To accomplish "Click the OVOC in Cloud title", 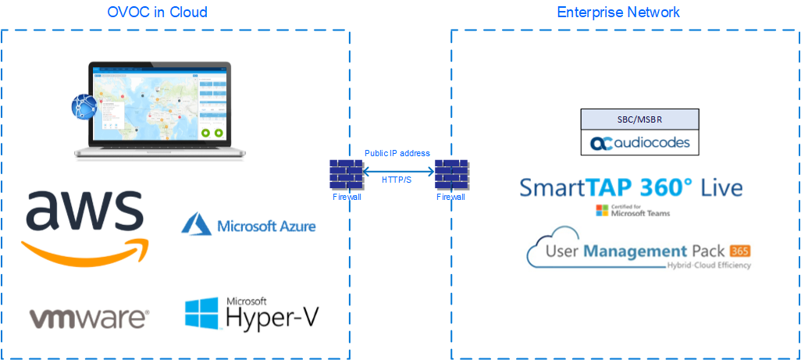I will pos(157,12).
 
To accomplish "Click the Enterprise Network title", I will pos(618,12).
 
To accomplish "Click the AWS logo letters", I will pos(85,213).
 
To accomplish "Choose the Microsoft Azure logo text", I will pos(266,226).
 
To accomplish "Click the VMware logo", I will pos(88,317).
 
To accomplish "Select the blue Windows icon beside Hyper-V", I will pos(201,313).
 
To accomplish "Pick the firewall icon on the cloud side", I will pos(346,175).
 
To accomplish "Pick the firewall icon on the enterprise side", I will pos(450,175).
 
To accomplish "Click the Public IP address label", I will pos(397,153).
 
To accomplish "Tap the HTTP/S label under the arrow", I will pos(397,180).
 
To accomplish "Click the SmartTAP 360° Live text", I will pos(631,187).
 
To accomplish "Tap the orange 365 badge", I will pos(739,251).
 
